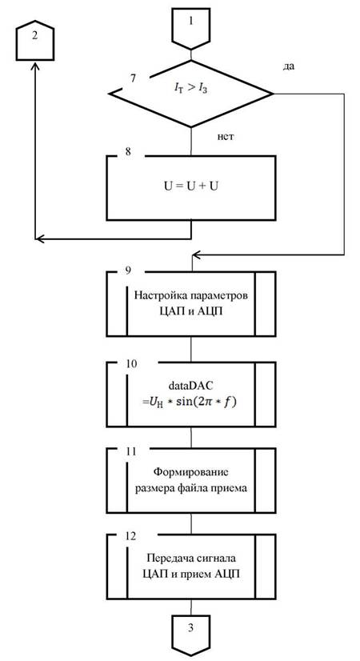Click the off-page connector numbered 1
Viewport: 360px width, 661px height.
coord(191,28)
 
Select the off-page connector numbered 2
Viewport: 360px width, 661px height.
coord(35,39)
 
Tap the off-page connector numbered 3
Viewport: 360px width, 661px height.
coord(191,635)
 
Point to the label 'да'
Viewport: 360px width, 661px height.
coord(289,67)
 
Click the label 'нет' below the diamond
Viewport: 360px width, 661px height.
coord(225,137)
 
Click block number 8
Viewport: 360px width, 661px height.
coord(128,152)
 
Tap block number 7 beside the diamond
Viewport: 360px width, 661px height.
coord(134,78)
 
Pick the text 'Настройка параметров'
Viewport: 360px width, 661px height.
coord(190,295)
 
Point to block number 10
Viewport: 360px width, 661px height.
coord(130,363)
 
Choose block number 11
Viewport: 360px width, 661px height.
coord(130,451)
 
